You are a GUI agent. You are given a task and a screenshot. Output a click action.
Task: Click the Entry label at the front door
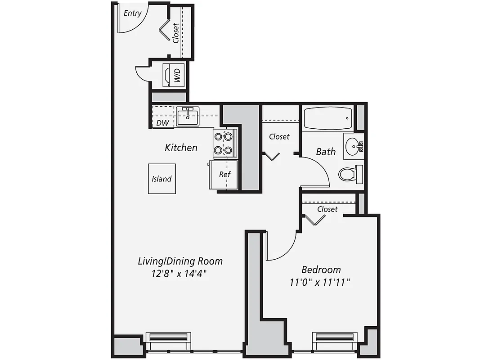(x=132, y=13)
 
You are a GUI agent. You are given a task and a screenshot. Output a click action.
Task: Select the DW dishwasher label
(x=162, y=123)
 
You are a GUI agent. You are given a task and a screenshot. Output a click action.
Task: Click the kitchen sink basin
(x=188, y=117)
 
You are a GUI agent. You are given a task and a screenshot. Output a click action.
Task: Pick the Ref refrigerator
(x=224, y=174)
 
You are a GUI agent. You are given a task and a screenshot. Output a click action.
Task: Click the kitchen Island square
(x=161, y=179)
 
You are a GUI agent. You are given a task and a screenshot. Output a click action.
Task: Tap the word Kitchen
(x=181, y=148)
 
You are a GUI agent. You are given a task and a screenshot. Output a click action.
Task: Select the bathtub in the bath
(x=327, y=118)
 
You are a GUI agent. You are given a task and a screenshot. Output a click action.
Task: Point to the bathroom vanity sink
(x=353, y=146)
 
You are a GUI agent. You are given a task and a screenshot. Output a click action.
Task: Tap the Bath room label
(x=326, y=152)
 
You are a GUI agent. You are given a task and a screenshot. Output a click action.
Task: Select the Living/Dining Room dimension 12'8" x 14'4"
(x=179, y=274)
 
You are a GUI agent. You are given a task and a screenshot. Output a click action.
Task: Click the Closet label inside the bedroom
(x=327, y=209)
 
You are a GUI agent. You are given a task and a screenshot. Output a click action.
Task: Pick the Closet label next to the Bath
(x=279, y=136)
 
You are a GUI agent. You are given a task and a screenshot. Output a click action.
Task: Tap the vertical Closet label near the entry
(x=175, y=33)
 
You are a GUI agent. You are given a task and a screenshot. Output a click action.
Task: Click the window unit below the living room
(x=168, y=338)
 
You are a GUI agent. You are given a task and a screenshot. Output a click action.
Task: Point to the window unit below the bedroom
(x=335, y=338)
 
